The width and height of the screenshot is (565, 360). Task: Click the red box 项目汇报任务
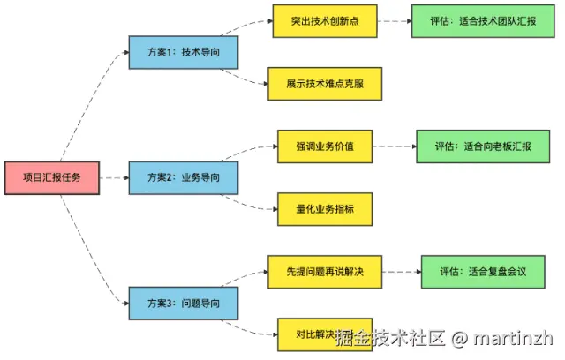tap(51, 178)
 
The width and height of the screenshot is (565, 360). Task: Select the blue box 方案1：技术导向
tap(183, 52)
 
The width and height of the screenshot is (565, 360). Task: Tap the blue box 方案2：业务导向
tap(183, 178)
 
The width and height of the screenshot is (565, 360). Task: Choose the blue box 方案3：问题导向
tap(183, 304)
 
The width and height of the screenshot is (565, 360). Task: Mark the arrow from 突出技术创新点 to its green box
tap(394, 20)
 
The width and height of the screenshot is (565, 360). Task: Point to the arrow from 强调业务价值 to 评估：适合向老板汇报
tap(394, 146)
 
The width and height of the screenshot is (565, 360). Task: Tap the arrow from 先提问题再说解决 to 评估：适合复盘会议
tap(402, 272)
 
